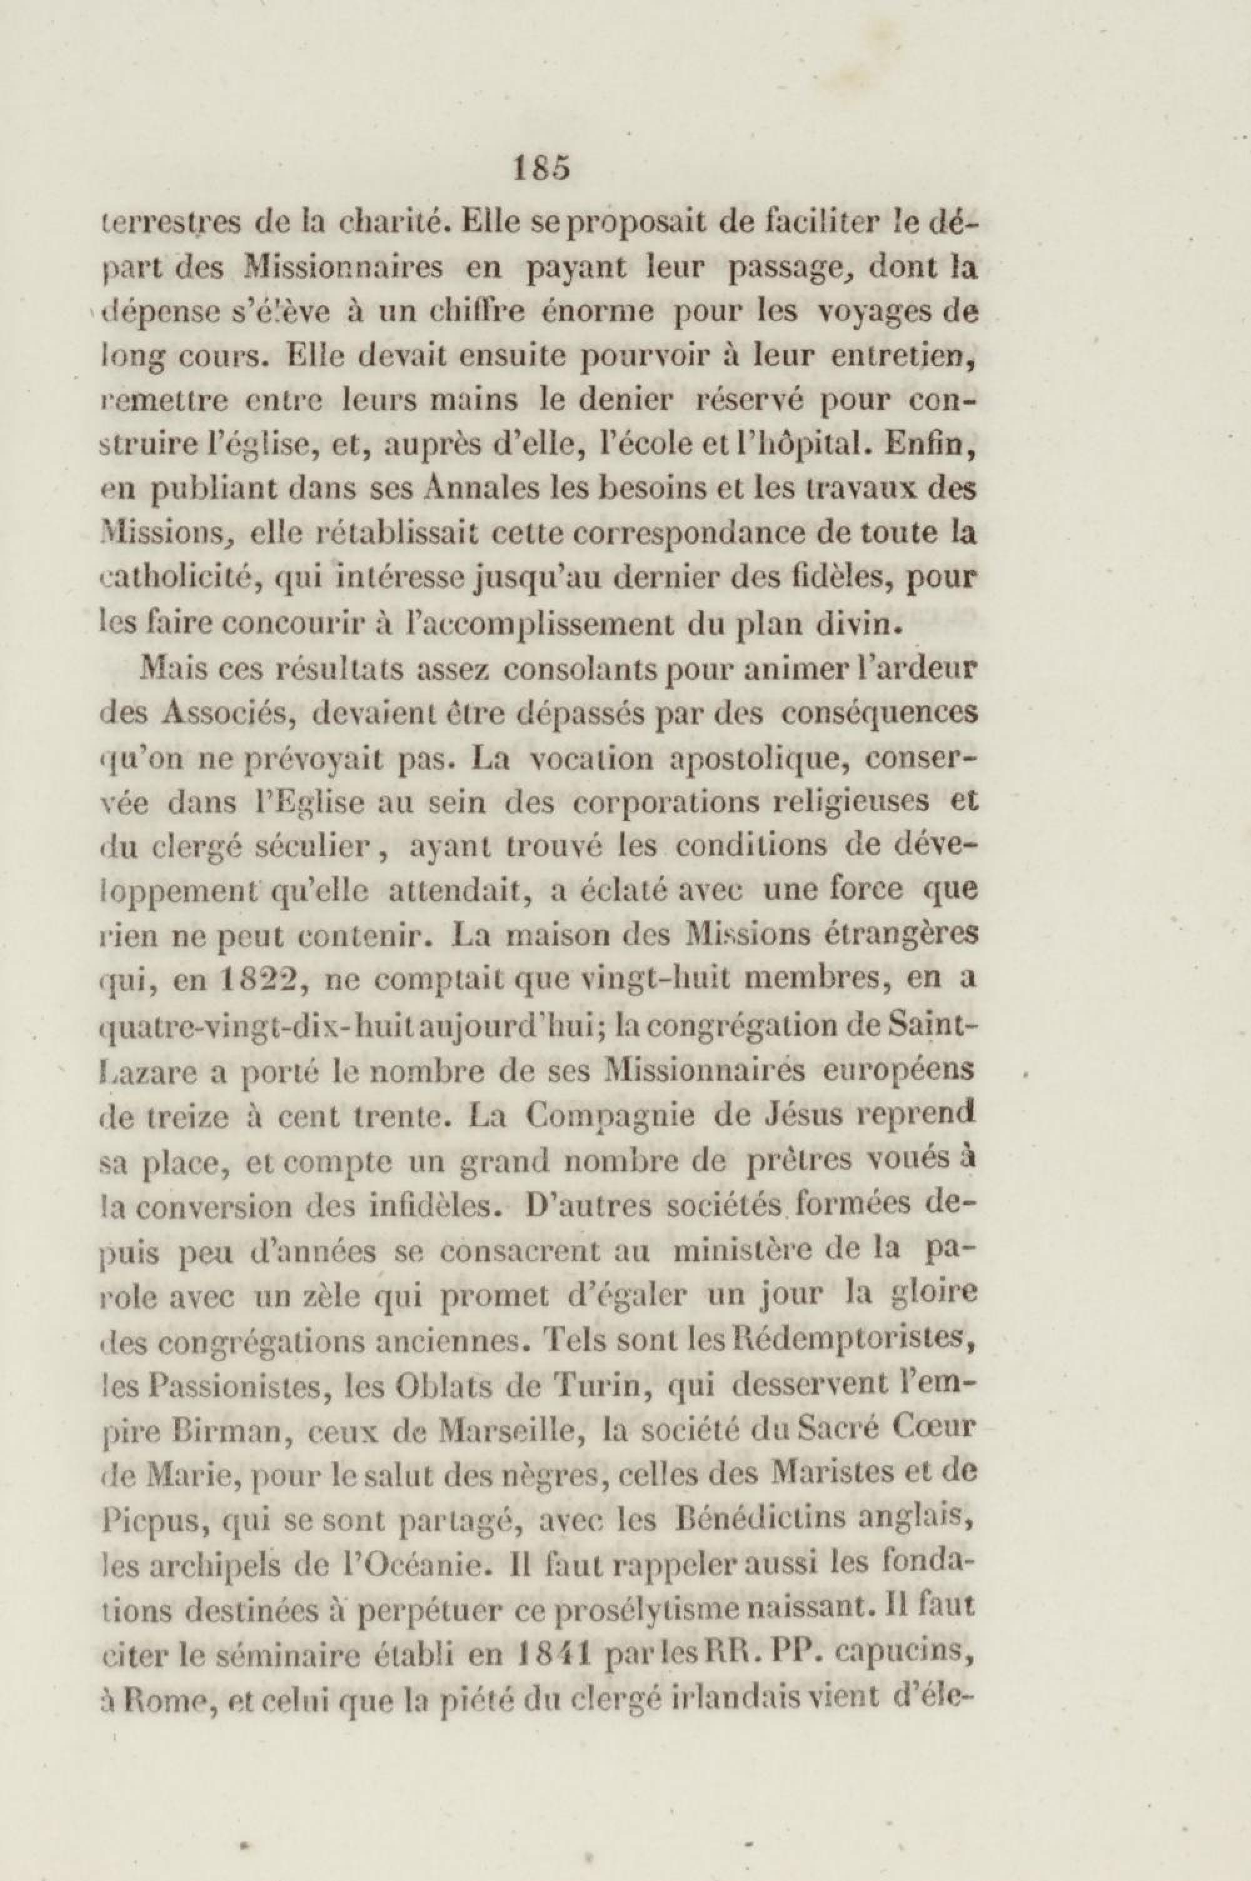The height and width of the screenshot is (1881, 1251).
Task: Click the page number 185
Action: (x=543, y=170)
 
